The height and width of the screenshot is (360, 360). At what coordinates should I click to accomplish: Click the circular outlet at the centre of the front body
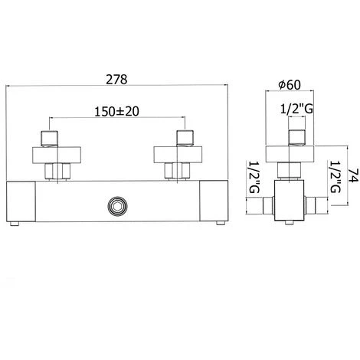click(118, 205)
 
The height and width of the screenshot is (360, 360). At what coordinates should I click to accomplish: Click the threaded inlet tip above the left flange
click(51, 139)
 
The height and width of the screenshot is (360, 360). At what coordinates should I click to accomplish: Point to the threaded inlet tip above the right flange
click(185, 139)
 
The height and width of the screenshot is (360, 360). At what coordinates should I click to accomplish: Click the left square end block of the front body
click(21, 201)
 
